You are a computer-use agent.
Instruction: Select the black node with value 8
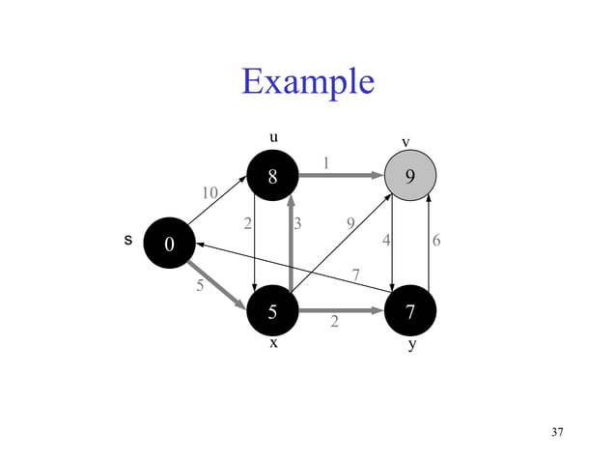tap(273, 176)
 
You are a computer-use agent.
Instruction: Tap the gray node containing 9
tap(410, 176)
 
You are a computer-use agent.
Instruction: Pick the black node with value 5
tap(273, 311)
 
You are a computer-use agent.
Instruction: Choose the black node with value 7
tap(410, 311)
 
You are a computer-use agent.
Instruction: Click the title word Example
tap(308, 81)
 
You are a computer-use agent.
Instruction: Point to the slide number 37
tap(556, 431)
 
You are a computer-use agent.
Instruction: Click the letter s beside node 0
tap(127, 240)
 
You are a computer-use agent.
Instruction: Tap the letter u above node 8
tap(273, 137)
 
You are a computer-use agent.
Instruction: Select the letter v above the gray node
tap(406, 143)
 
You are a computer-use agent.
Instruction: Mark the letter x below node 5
tap(273, 343)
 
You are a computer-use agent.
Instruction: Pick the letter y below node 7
tap(412, 344)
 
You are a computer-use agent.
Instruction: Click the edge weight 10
tap(210, 192)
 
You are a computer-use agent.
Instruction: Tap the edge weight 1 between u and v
tap(326, 162)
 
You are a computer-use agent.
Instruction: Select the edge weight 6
tap(437, 241)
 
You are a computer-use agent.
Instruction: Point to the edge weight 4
tap(386, 241)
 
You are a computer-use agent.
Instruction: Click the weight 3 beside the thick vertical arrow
tap(298, 224)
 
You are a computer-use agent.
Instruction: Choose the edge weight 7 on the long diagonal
tap(356, 275)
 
